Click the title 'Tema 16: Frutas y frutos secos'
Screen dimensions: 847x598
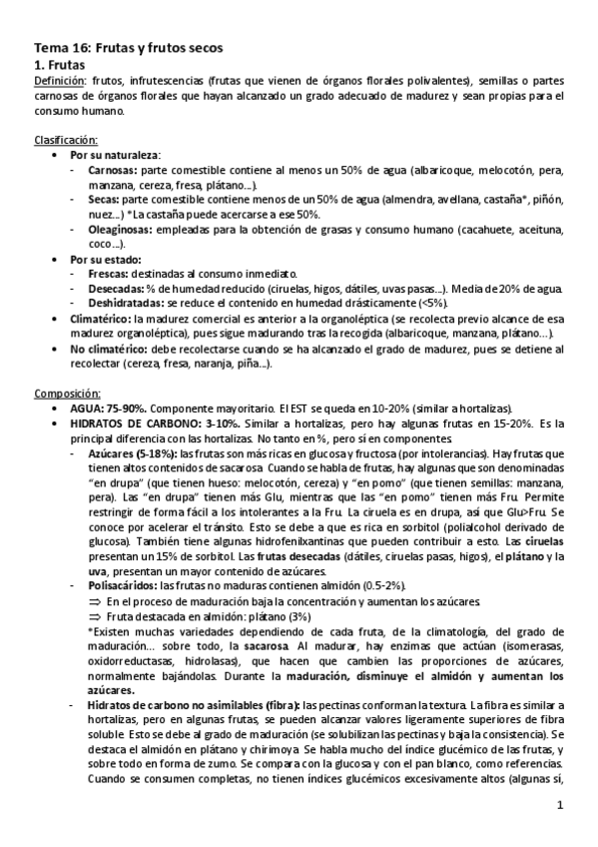tap(129, 47)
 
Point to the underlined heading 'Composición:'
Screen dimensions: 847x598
tap(67, 394)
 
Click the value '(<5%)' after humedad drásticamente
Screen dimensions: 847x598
tap(431, 303)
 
